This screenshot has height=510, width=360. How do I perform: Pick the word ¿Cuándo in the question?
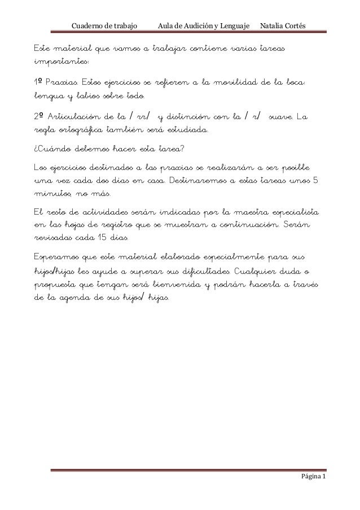pos(46,150)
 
